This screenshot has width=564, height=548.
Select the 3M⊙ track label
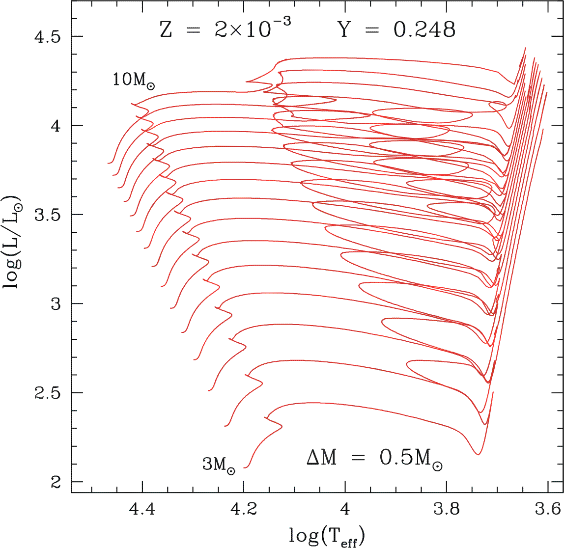click(x=218, y=465)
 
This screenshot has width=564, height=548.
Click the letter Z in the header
click(x=166, y=30)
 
